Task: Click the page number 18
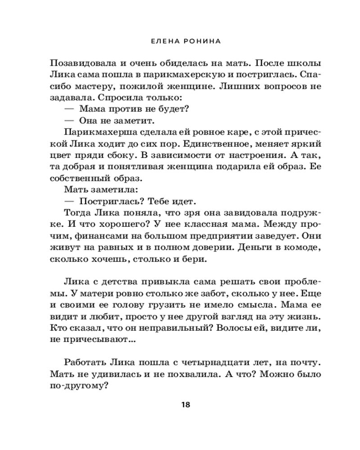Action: tap(185, 404)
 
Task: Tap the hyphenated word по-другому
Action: tap(80, 387)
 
